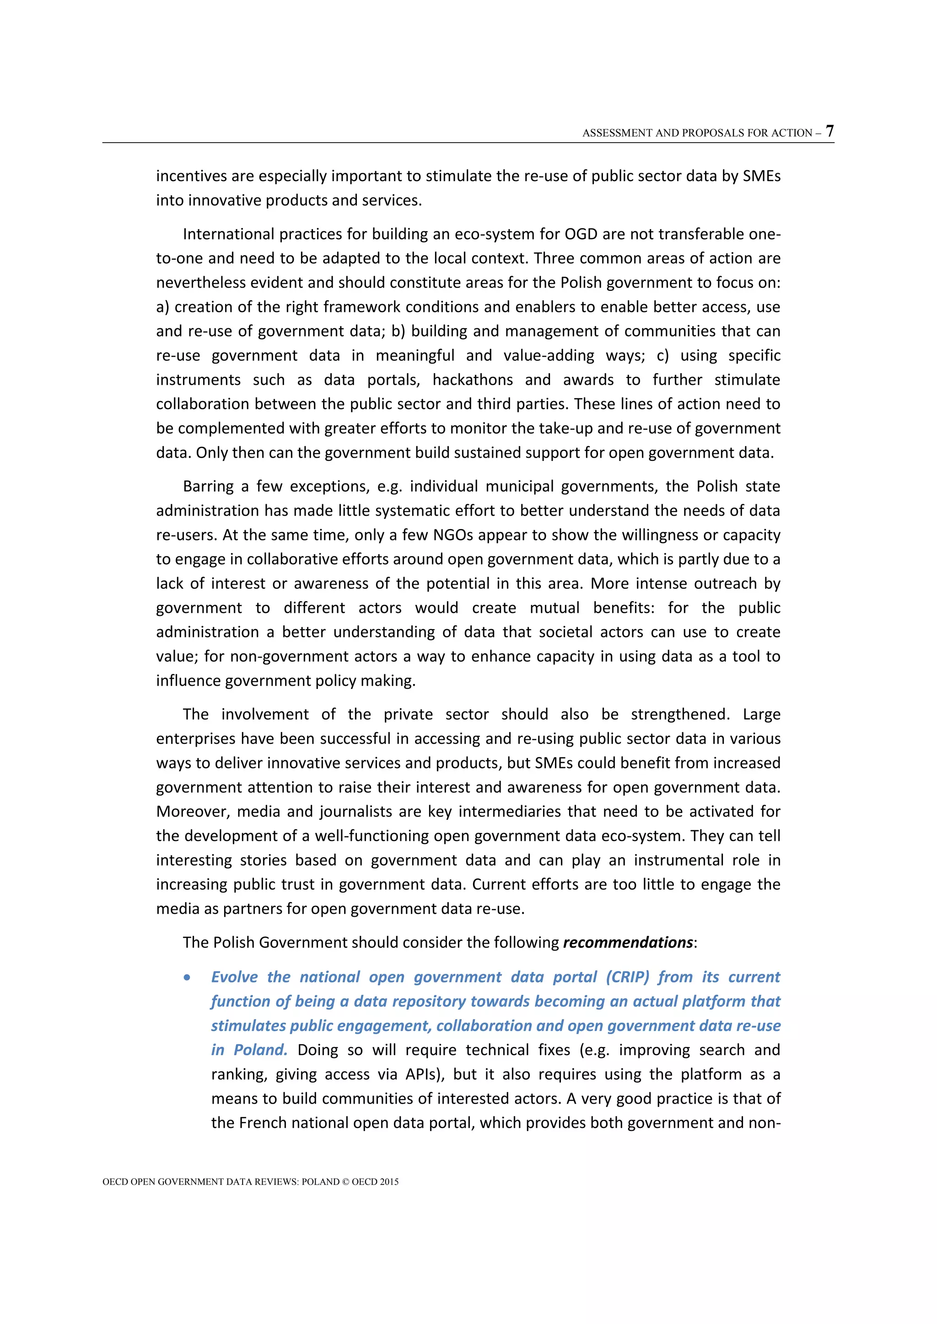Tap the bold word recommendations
pyautogui.click(x=628, y=942)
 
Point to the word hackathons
pyautogui.click(x=473, y=379)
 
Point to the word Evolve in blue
pyautogui.click(x=234, y=977)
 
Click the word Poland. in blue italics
pyautogui.click(x=260, y=1050)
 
